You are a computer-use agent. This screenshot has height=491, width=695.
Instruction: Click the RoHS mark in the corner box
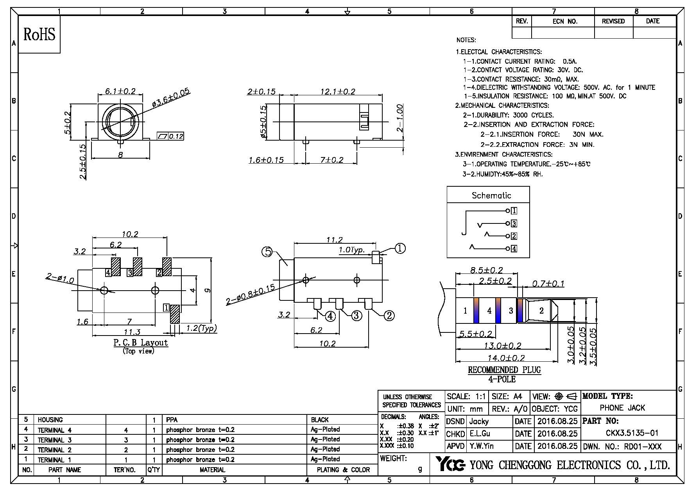[x=39, y=34]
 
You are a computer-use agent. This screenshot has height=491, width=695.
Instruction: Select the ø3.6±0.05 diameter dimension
[x=171, y=98]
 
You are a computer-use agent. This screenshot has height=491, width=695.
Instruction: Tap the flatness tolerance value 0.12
[x=176, y=136]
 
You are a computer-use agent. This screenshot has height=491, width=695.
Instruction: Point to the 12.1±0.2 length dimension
[x=338, y=92]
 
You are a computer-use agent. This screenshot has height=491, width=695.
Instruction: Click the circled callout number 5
[x=267, y=252]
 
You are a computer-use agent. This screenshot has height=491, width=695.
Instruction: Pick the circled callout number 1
[x=400, y=248]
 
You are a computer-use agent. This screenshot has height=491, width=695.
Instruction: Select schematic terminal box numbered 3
[x=514, y=223]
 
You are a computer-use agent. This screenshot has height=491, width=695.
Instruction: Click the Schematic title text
[x=491, y=195]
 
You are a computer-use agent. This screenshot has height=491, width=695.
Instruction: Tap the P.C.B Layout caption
[x=140, y=343]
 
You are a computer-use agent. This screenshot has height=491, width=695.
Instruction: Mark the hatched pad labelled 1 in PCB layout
[x=175, y=314]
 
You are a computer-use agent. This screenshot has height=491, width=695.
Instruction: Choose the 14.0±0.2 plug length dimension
[x=506, y=358]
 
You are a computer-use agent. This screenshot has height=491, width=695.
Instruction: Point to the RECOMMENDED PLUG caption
[x=504, y=370]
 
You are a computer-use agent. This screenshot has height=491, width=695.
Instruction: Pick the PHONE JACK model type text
[x=622, y=408]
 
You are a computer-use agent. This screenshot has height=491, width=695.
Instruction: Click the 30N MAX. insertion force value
[x=588, y=134]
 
